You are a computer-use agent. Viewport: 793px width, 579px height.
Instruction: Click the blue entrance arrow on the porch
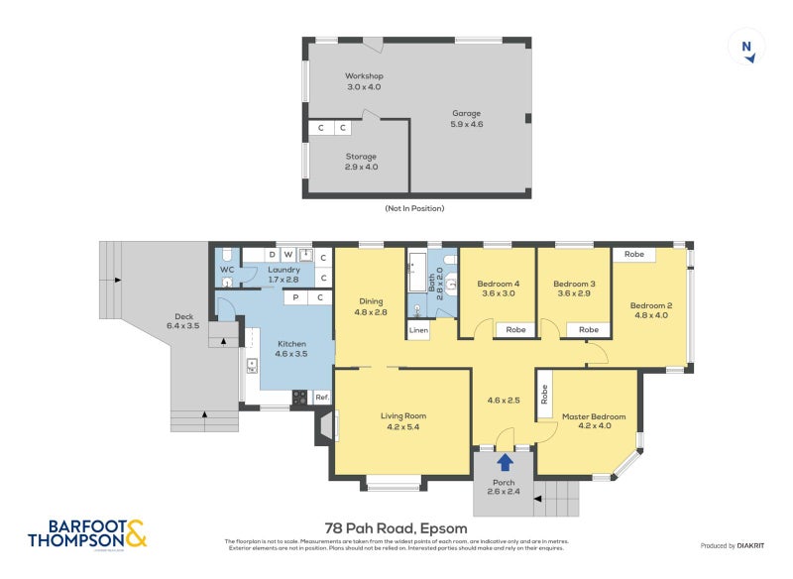click(x=505, y=461)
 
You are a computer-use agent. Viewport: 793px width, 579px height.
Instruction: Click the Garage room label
click(x=467, y=118)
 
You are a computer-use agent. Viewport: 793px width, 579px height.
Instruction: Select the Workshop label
click(x=364, y=81)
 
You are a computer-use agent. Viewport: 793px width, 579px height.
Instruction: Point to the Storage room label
click(x=361, y=162)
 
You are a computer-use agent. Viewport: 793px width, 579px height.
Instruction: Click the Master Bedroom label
click(x=594, y=421)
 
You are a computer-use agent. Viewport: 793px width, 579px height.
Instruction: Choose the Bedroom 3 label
click(x=574, y=288)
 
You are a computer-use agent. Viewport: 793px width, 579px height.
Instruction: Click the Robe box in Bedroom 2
click(x=633, y=255)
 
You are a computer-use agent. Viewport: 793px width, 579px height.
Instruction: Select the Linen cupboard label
click(x=418, y=329)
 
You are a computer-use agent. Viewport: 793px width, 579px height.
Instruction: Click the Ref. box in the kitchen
click(x=322, y=398)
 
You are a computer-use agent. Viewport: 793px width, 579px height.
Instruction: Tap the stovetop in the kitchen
click(x=299, y=398)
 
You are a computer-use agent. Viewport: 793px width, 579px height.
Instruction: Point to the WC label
click(x=226, y=269)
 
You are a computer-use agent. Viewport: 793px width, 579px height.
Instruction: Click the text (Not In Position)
click(x=414, y=208)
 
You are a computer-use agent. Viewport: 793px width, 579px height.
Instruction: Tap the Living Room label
click(x=402, y=421)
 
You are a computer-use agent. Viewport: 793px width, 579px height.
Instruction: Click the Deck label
click(x=180, y=321)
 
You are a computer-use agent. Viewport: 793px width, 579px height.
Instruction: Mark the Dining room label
click(x=370, y=306)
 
